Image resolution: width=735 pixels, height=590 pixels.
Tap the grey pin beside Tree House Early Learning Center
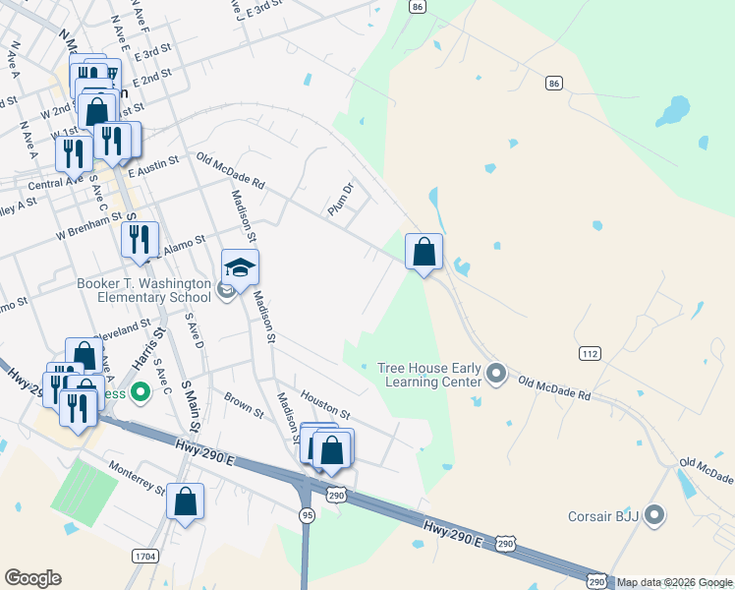click(496, 373)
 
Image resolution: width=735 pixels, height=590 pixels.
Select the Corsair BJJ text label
click(603, 515)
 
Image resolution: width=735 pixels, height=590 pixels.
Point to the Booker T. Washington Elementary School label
click(144, 290)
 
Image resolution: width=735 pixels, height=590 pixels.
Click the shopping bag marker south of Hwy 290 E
click(185, 501)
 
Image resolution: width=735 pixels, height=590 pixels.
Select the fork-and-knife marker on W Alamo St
click(140, 239)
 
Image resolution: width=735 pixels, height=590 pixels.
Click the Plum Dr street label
click(341, 199)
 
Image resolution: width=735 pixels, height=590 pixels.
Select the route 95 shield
click(308, 514)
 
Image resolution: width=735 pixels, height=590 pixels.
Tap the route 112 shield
click(589, 353)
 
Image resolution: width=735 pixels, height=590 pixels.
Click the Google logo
click(32, 578)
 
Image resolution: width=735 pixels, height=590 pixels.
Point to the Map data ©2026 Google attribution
click(674, 582)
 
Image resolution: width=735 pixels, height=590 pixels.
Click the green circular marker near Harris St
click(140, 394)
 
